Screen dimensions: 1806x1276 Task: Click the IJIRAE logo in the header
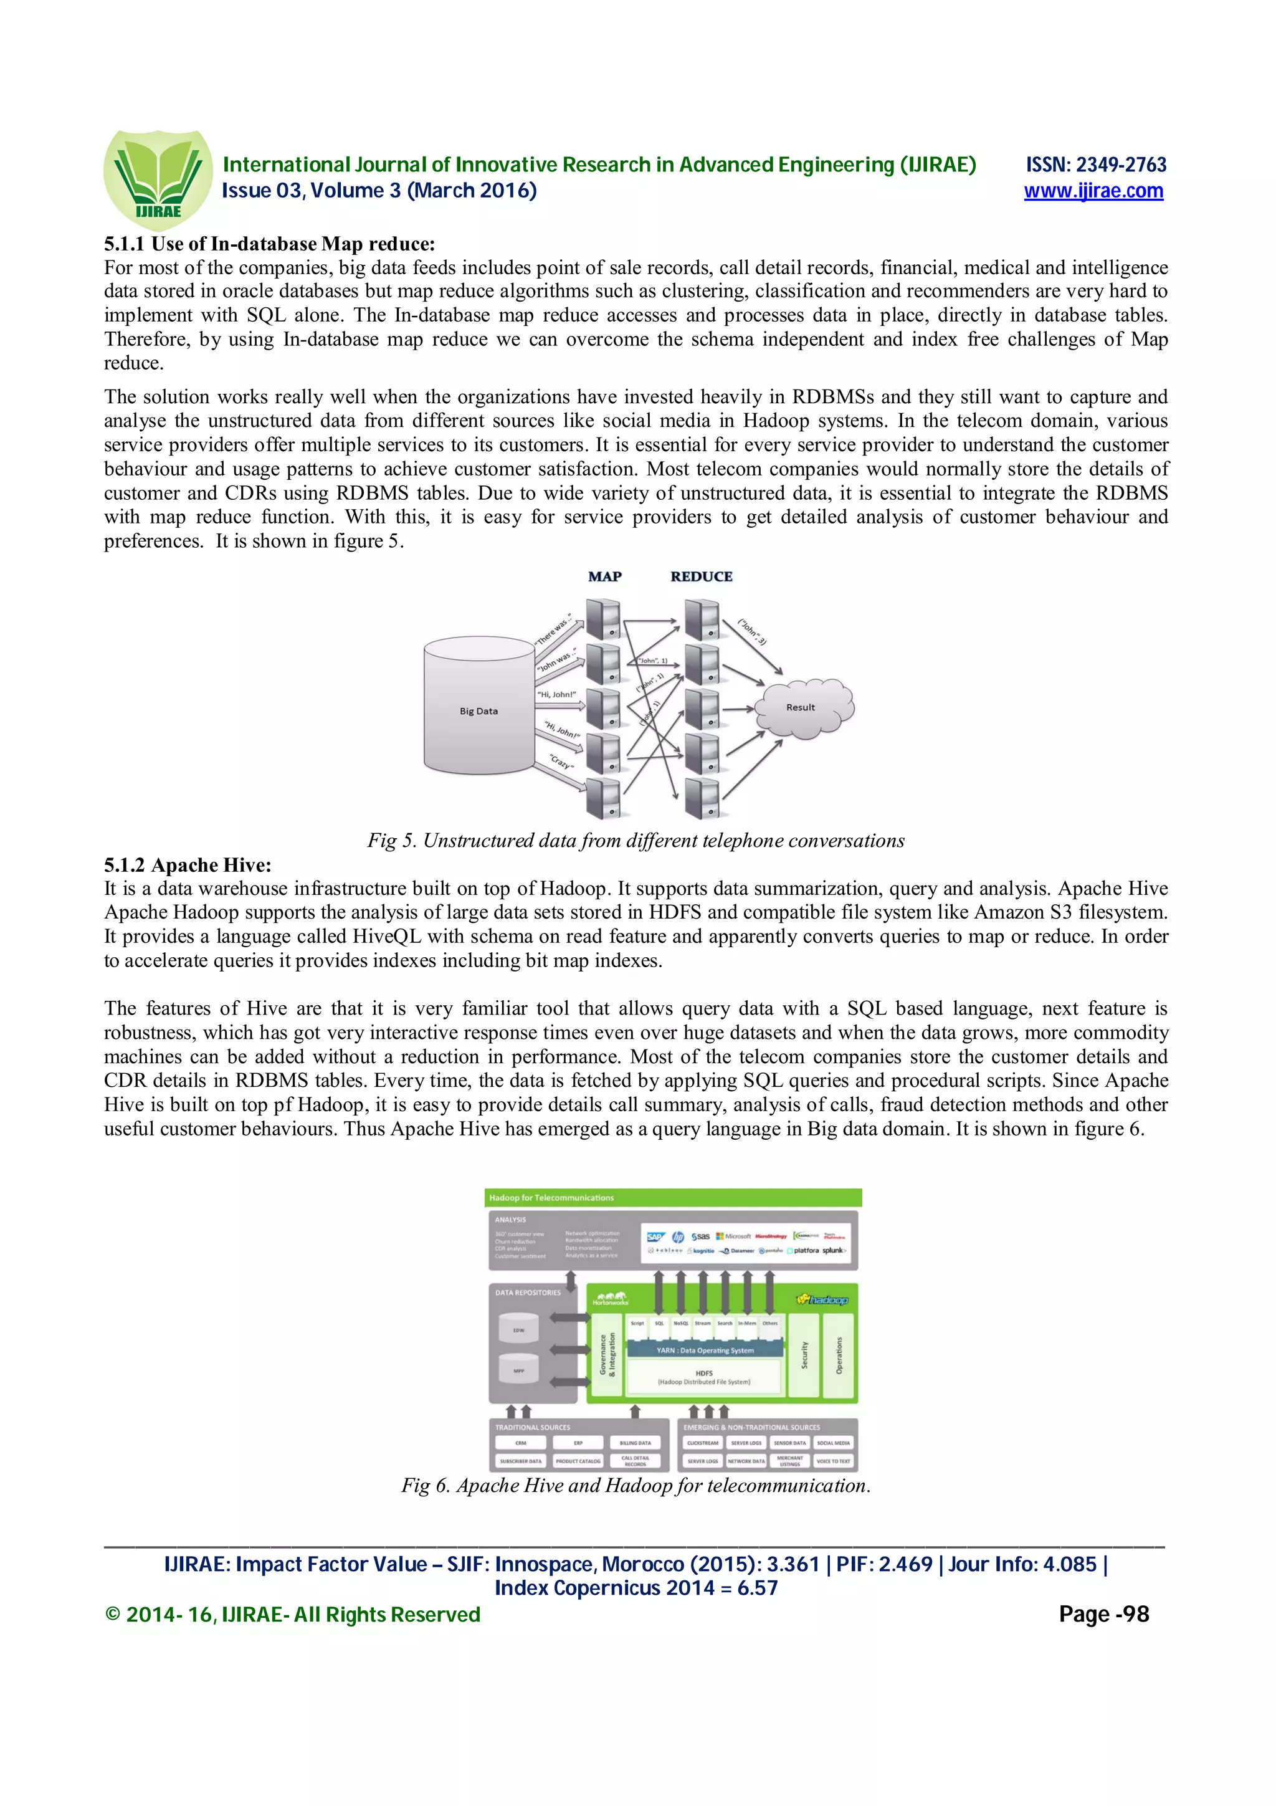click(157, 179)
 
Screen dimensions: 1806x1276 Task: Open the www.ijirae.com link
click(1093, 191)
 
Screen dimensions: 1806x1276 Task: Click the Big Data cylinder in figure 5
click(478, 706)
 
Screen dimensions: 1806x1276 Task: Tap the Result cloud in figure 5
click(802, 707)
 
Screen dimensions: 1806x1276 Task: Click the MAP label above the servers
click(604, 576)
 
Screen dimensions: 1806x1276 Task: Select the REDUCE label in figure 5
click(702, 576)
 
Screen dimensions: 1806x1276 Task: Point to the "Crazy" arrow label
click(561, 762)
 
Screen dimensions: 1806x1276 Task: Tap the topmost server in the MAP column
click(604, 618)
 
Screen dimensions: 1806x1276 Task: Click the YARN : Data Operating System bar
click(705, 1350)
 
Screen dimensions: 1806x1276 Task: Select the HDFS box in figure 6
click(705, 1377)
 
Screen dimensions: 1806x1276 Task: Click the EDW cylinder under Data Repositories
click(519, 1329)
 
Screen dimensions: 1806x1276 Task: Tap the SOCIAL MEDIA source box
click(832, 1443)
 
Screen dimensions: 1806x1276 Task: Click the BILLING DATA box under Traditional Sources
click(636, 1443)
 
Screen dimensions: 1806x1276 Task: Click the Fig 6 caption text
click(636, 1485)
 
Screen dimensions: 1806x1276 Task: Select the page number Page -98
click(1103, 1614)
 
